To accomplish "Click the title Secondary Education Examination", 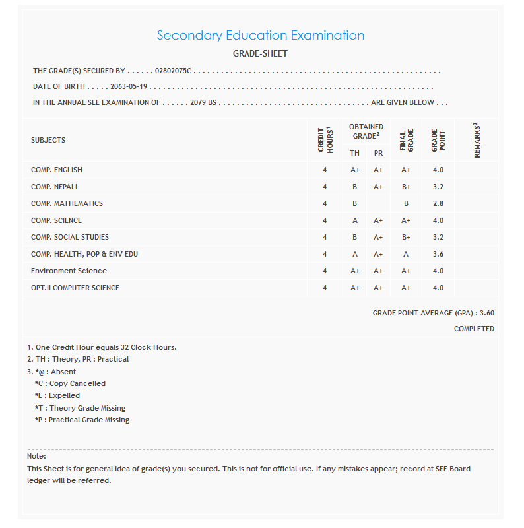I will (x=261, y=36).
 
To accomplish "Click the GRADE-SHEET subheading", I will (x=261, y=54).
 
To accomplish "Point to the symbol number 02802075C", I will (x=173, y=71).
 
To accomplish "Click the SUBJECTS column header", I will (x=48, y=141).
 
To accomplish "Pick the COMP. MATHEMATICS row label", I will (x=67, y=204).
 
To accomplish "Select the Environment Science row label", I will (x=69, y=271).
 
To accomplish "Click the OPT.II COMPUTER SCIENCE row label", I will (x=75, y=288).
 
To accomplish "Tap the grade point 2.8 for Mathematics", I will (x=438, y=204).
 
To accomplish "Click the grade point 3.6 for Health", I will (x=438, y=254).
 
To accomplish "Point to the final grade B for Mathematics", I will (x=406, y=204).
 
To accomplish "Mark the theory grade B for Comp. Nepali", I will (x=355, y=187).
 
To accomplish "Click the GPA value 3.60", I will (x=487, y=313).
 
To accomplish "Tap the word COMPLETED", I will (x=474, y=329).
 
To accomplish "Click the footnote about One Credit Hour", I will (x=102, y=347).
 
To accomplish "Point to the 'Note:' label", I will (x=36, y=457).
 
